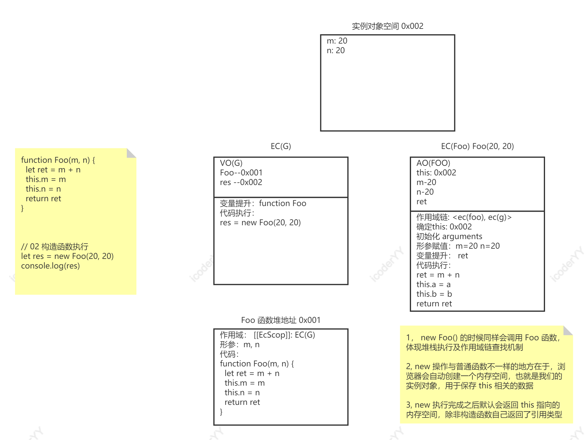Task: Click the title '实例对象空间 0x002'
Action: (x=387, y=26)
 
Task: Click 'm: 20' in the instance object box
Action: (x=337, y=41)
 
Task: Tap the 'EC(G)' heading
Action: (x=281, y=146)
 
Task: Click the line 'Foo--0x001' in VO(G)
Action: (x=241, y=173)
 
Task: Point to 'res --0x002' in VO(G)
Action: (x=241, y=182)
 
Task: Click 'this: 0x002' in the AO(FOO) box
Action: (x=436, y=173)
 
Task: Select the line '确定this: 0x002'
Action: (x=444, y=227)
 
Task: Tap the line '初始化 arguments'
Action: (x=449, y=236)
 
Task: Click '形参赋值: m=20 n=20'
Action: (x=458, y=246)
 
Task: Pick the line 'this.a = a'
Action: (x=433, y=284)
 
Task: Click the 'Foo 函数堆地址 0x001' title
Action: (x=280, y=320)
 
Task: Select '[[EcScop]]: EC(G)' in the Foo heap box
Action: (x=284, y=335)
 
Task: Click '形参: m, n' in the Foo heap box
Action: (x=239, y=344)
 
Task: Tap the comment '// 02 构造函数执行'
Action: (x=55, y=247)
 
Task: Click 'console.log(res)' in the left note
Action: (x=50, y=266)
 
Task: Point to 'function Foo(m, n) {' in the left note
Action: (x=58, y=160)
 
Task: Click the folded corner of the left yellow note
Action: (x=131, y=153)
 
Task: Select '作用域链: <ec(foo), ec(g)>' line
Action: (x=464, y=217)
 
